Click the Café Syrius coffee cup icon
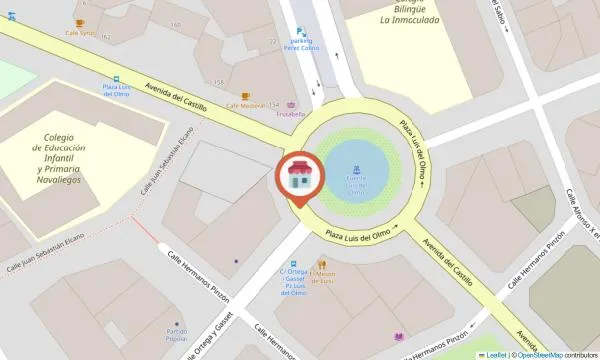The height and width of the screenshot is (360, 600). (x=80, y=23)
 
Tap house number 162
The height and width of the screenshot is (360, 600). (x=105, y=37)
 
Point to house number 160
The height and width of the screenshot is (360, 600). (x=176, y=25)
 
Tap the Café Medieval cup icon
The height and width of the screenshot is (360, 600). (x=246, y=97)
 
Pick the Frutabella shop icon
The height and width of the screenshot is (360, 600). (x=292, y=105)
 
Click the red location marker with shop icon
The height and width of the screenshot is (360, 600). (x=300, y=178)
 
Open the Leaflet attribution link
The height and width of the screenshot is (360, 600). (x=494, y=354)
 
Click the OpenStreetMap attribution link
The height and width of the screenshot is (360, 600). (x=540, y=354)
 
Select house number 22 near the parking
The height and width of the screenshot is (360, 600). (x=273, y=41)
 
